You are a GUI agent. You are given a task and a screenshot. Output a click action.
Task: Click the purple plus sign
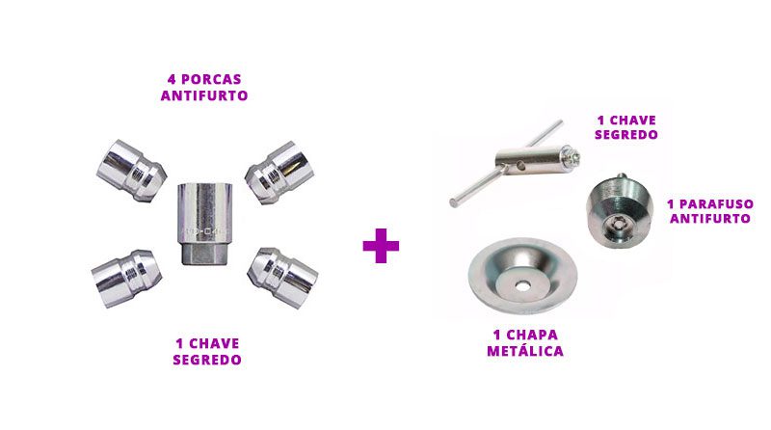[381, 246]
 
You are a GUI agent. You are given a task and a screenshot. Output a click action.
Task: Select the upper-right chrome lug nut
[279, 173]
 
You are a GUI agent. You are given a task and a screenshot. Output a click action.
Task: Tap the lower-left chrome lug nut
[126, 279]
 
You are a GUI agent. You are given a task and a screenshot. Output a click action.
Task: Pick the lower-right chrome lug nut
[282, 278]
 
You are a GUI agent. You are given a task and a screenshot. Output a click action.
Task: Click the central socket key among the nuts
[204, 224]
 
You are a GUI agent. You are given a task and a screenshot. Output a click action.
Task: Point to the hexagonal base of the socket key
[204, 254]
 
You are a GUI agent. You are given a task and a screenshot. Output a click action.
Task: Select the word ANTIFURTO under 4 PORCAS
[204, 95]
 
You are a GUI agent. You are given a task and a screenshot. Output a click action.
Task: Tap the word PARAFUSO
[715, 204]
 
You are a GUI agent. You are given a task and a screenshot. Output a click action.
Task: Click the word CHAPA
[533, 336]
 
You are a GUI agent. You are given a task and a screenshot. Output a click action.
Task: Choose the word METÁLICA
[525, 350]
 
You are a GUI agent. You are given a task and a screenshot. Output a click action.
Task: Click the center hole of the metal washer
[522, 285]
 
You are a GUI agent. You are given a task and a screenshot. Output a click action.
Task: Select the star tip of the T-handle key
[573, 156]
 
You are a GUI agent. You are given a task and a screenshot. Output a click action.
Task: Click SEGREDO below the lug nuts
[207, 360]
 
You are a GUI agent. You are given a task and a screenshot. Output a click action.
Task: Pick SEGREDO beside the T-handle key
[625, 135]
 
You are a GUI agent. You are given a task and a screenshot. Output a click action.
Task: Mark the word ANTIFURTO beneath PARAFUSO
[710, 219]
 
